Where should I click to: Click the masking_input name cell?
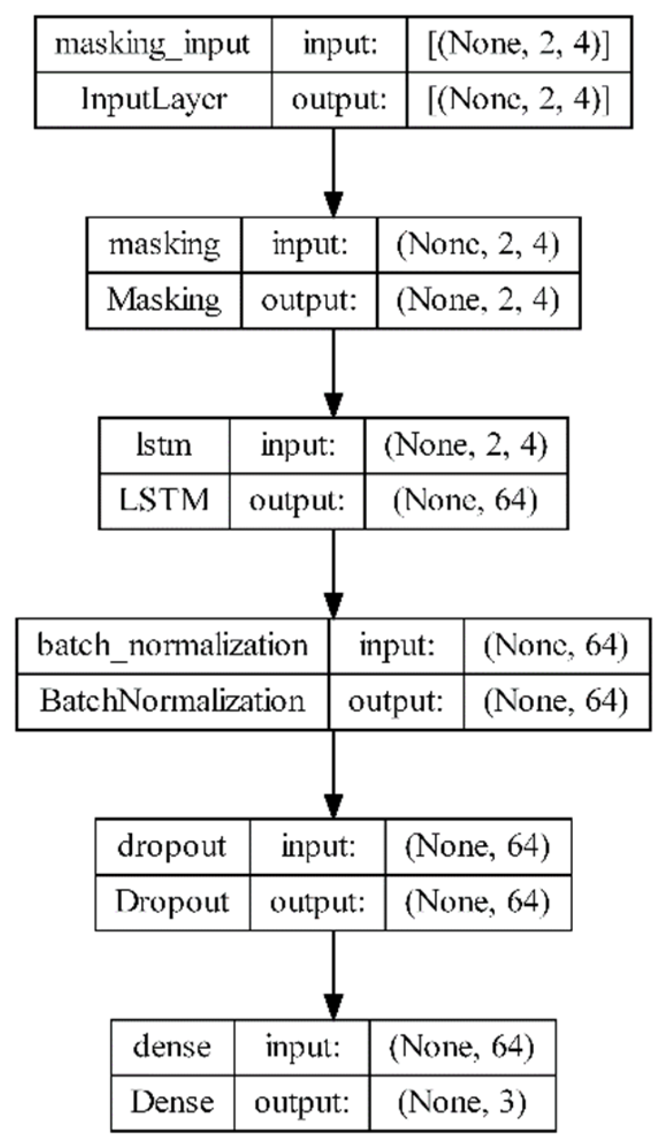pos(153,45)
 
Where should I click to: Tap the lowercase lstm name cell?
pos(164,445)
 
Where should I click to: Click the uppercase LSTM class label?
pos(164,500)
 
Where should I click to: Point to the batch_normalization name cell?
pos(172,646)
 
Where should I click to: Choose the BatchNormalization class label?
pos(172,701)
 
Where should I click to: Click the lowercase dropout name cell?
pos(172,846)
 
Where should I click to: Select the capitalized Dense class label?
pos(172,1102)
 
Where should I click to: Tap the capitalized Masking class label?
pos(164,300)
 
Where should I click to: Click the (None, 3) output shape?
pos(462,1102)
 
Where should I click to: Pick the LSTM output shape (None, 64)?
pos(465,500)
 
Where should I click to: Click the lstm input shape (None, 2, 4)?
pos(465,445)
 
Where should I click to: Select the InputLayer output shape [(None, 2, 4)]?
pos(518,99)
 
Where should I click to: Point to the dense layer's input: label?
pos(302,1047)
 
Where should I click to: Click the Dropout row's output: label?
pos(317,902)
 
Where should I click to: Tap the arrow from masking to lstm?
pos(333,373)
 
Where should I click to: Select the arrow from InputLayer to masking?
pos(333,173)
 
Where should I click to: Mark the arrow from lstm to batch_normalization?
pos(333,573)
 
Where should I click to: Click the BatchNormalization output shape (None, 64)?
pos(556,701)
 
